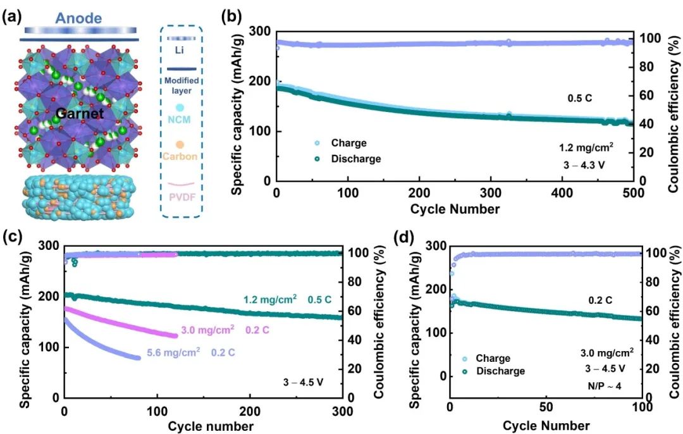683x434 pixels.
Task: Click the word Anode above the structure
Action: pyautogui.click(x=78, y=18)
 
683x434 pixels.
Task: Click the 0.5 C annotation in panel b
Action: pyautogui.click(x=581, y=99)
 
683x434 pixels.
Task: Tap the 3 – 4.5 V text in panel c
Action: pyautogui.click(x=304, y=381)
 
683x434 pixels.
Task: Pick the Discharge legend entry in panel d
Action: pyautogui.click(x=499, y=371)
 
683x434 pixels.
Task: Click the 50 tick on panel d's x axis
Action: pyautogui.click(x=545, y=409)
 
